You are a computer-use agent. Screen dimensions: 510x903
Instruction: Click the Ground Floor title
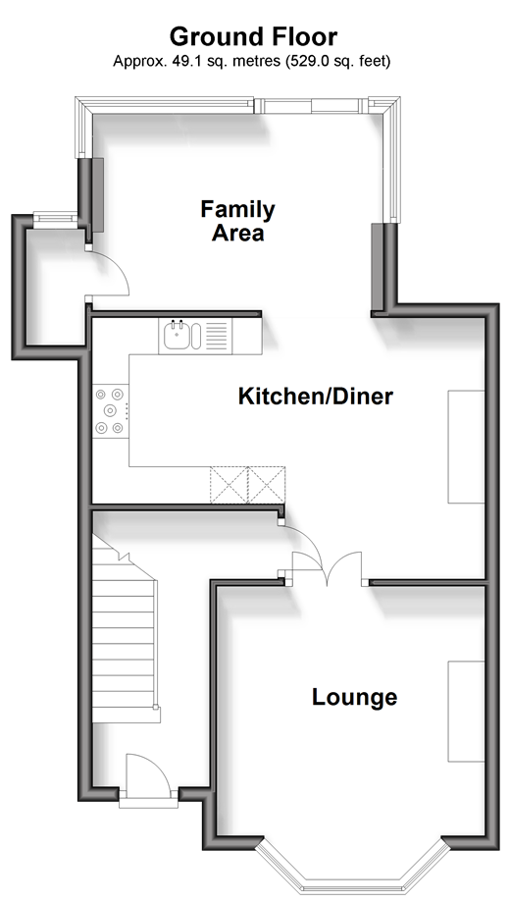point(253,37)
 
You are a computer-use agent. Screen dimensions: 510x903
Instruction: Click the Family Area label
point(237,221)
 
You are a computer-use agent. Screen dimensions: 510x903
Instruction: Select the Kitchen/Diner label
point(316,397)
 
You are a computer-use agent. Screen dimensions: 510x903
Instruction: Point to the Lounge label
point(355,697)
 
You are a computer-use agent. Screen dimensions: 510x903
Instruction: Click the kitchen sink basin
point(176,336)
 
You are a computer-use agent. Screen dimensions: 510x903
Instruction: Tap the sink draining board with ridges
point(217,337)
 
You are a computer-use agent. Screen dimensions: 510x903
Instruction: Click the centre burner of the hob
point(110,410)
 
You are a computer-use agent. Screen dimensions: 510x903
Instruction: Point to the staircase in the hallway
point(125,629)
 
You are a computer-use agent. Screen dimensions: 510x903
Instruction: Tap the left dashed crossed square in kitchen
point(229,485)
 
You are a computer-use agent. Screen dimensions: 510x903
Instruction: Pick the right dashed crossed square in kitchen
point(267,485)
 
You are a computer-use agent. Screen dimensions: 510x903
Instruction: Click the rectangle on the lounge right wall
point(466,712)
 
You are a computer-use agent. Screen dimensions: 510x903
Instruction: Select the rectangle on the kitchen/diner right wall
point(466,447)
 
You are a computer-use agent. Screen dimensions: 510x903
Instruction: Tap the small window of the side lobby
point(55,218)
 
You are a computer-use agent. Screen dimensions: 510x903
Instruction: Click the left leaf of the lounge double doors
point(308,567)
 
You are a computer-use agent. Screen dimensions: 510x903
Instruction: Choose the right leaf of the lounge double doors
point(345,567)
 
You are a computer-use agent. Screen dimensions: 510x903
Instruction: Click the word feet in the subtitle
point(375,61)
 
